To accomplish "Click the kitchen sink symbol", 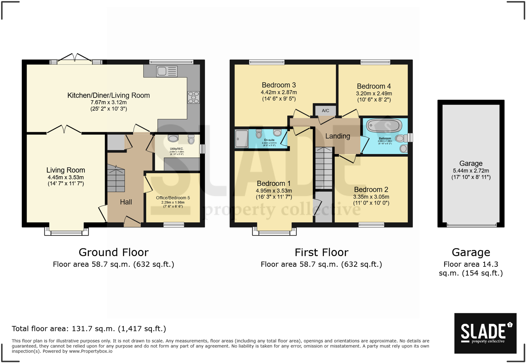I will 167,71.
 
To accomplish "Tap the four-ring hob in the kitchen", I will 194,97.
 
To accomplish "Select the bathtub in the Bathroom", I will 384,126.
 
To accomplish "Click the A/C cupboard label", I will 325,110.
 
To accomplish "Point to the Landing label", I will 338,136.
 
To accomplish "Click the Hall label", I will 126,202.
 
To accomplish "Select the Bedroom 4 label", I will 374,86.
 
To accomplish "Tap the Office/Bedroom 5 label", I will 173,198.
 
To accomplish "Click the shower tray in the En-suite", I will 241,139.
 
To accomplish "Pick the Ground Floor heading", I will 114,252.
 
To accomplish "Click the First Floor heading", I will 321,252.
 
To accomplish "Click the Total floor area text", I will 89,329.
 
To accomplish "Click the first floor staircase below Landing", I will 324,168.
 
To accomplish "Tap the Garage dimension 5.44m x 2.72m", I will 471,171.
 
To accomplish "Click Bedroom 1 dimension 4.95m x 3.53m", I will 274,191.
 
